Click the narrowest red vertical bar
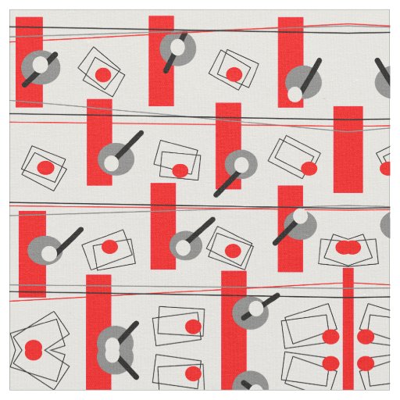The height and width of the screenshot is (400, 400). click(x=348, y=328)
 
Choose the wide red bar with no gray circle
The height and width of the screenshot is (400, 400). click(x=348, y=148)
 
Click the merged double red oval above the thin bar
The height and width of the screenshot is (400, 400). click(x=348, y=248)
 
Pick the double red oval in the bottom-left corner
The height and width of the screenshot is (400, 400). click(x=33, y=348)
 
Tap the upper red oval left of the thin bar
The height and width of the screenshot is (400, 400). click(x=330, y=337)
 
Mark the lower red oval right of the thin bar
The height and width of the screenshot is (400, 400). click(x=365, y=362)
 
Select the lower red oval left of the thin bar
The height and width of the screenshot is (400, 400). click(x=330, y=362)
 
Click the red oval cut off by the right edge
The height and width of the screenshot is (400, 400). click(x=386, y=168)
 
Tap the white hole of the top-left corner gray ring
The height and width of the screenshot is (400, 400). click(x=43, y=62)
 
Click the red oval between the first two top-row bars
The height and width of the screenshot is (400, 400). click(x=102, y=74)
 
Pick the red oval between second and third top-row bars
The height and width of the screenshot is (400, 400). click(x=234, y=74)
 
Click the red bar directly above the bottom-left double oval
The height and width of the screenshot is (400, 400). click(x=32, y=254)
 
